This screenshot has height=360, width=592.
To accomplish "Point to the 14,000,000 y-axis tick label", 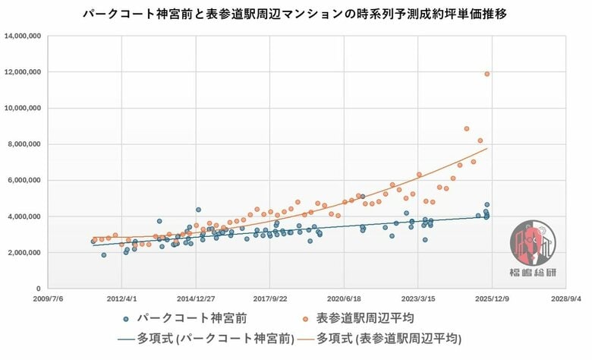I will pyautogui.click(x=23, y=36).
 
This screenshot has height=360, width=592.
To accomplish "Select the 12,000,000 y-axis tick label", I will pyautogui.click(x=23, y=72).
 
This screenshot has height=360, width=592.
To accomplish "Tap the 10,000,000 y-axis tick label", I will pyautogui.click(x=23, y=108).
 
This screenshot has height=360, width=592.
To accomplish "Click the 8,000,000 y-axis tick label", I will pyautogui.click(x=24, y=144).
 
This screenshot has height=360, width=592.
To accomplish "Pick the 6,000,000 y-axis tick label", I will pyautogui.click(x=24, y=180).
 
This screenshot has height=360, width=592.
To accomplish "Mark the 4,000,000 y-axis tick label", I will pyautogui.click(x=24, y=216).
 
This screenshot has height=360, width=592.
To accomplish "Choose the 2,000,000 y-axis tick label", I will pyautogui.click(x=24, y=252).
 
